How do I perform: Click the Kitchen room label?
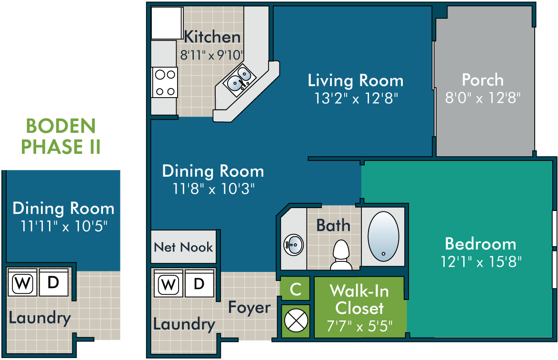point(212,37)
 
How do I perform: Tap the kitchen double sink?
point(239,80)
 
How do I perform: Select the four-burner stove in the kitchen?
point(164,82)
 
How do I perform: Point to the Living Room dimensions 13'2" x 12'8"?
point(356,98)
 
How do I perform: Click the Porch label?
point(483,80)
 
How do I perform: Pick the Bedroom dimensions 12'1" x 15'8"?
point(481,262)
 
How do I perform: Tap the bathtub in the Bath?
point(383,237)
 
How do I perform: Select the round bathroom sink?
point(294,245)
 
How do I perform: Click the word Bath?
point(333,225)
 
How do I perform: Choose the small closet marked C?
point(295,289)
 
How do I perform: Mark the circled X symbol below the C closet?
point(296,321)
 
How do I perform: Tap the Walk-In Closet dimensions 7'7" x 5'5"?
point(359,326)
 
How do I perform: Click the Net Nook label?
point(183,247)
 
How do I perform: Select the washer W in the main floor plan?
point(169,284)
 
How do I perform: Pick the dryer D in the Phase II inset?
point(53,282)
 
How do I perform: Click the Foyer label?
point(249,307)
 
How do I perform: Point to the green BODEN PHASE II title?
point(61,136)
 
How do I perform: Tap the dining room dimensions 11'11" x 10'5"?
point(64,226)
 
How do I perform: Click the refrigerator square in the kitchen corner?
point(167,23)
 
